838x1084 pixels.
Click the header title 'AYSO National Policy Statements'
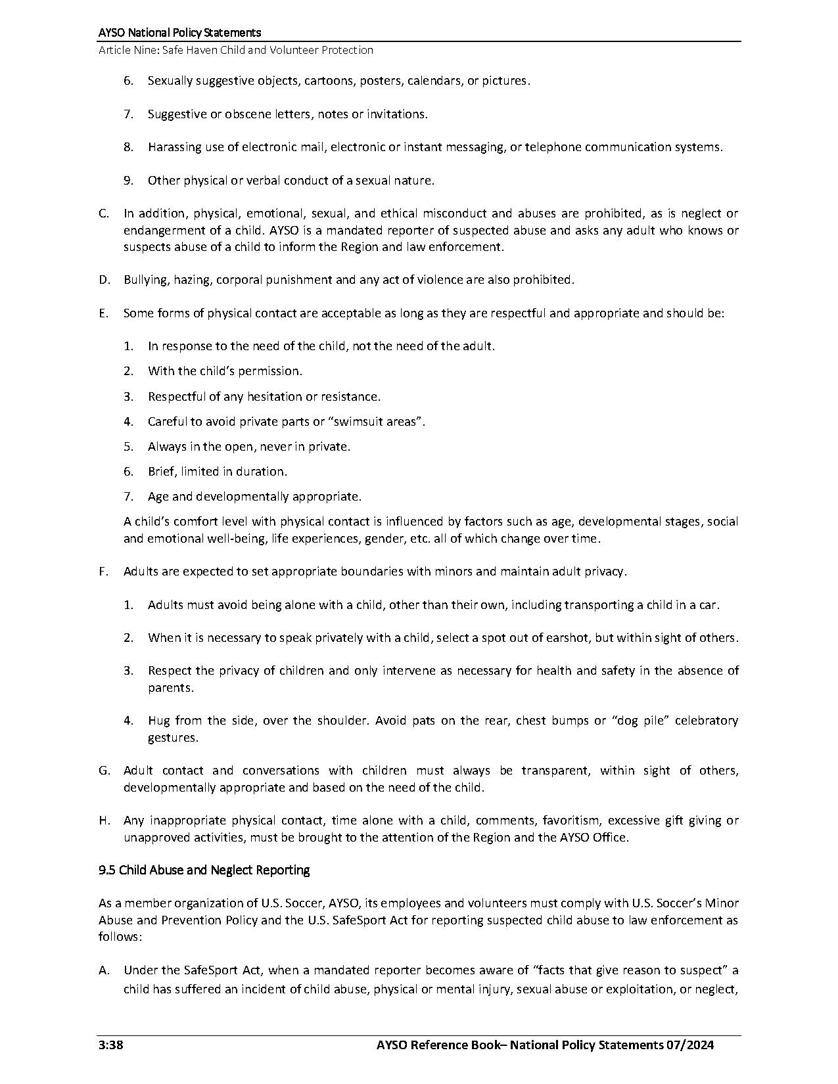(x=179, y=32)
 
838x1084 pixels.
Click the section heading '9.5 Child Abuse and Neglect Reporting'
(x=204, y=870)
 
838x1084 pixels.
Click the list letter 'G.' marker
(x=105, y=771)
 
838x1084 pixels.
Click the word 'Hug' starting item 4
(x=158, y=721)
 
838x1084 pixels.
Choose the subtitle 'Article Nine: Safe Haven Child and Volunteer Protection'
(x=235, y=50)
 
